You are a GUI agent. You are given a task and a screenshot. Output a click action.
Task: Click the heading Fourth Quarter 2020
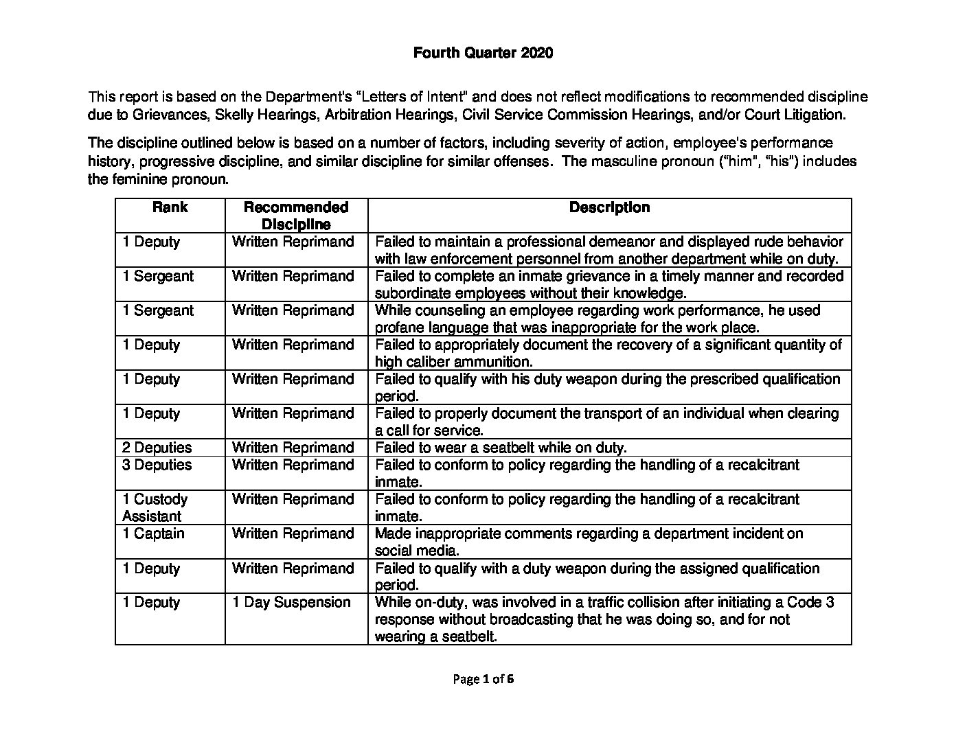[x=483, y=53]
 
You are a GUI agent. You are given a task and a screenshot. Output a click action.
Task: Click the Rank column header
[x=170, y=207]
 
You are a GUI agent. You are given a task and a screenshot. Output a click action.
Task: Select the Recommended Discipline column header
[x=296, y=216]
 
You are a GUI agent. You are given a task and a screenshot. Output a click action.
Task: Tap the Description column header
[x=609, y=207]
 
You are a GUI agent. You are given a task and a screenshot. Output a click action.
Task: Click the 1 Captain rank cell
[x=153, y=533]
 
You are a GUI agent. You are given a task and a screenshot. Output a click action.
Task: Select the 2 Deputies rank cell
[x=157, y=448]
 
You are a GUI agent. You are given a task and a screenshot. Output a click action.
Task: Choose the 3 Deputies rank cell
[x=157, y=465]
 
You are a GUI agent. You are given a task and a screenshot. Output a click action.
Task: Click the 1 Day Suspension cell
[x=291, y=602]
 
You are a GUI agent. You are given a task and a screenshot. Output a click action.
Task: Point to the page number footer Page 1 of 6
[x=483, y=679]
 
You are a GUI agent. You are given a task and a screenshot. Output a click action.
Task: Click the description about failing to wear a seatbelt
[x=501, y=448]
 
